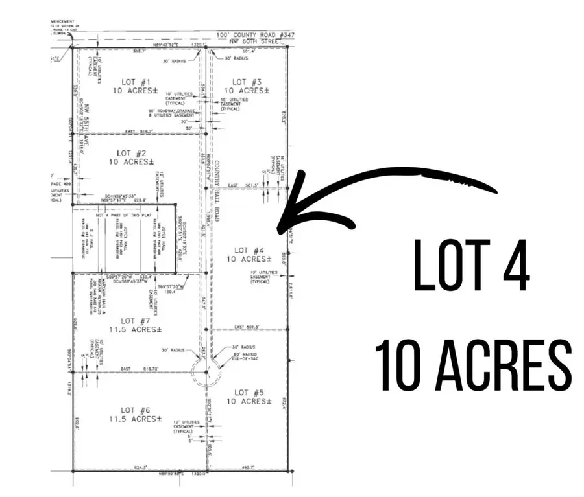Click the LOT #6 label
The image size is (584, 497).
pos(136,410)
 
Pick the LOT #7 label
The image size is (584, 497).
pos(136,321)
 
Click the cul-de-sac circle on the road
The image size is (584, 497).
pos(206,372)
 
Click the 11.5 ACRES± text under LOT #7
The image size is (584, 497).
pos(136,329)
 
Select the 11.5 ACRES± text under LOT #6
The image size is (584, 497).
pos(136,419)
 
